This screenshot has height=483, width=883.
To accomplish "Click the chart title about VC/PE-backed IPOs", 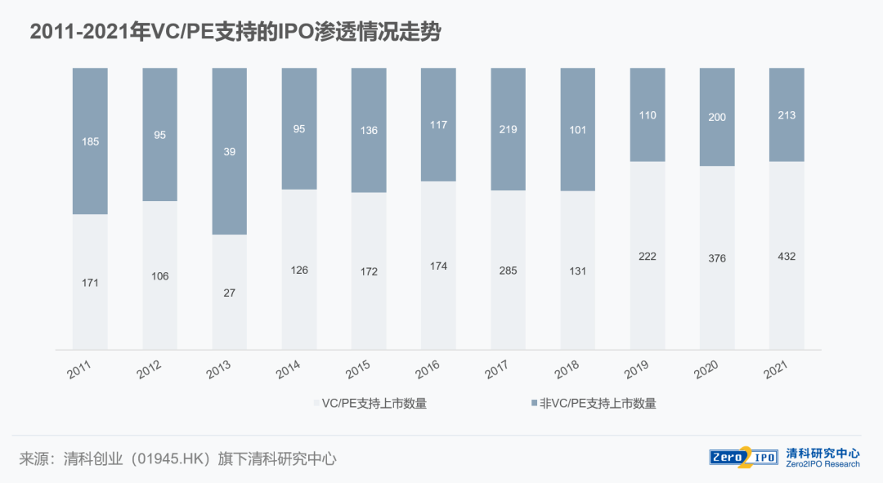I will (235, 32).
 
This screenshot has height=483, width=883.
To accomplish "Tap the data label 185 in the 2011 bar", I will (90, 141).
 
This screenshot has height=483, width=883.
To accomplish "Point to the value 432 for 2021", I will (787, 257).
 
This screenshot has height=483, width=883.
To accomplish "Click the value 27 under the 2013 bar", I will (230, 293).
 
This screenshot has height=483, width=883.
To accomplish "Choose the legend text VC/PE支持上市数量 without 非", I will (374, 403).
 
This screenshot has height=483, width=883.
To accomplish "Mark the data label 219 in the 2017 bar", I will (509, 129).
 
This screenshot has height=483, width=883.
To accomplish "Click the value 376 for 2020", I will (717, 258).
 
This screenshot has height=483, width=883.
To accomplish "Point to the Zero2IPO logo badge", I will (743, 457).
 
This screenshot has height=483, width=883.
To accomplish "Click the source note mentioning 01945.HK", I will (177, 458).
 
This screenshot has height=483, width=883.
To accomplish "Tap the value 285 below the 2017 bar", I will (509, 271).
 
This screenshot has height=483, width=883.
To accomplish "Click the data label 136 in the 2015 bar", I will (369, 131).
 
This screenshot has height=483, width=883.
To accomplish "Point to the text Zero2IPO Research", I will (822, 464).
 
